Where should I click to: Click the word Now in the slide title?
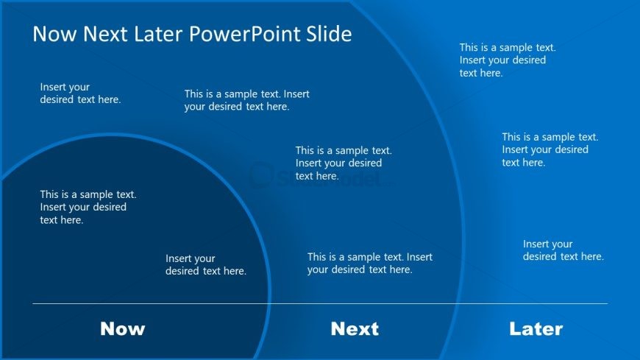(x=55, y=34)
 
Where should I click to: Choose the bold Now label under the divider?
(x=122, y=329)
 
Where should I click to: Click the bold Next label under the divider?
(x=355, y=329)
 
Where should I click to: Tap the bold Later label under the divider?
(x=536, y=329)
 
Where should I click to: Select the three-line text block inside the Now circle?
(x=88, y=207)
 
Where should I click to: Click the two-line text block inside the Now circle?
(x=205, y=265)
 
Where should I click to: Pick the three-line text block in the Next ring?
(x=344, y=163)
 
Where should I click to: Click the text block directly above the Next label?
(x=369, y=264)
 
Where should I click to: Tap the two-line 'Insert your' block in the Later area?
(x=563, y=250)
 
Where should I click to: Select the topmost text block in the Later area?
(x=507, y=60)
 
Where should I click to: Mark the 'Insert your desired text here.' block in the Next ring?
(x=80, y=93)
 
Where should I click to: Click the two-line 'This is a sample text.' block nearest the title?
(x=246, y=100)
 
